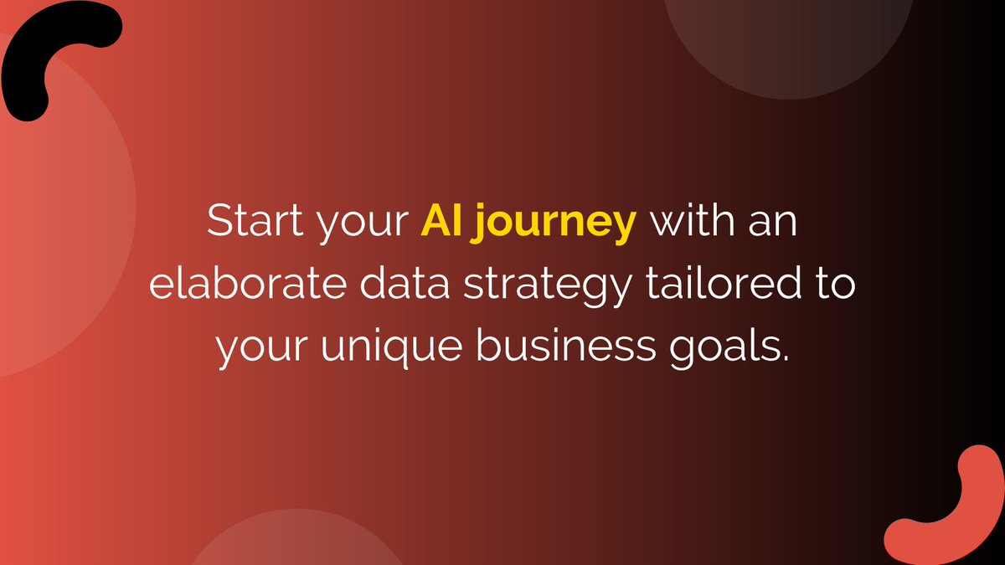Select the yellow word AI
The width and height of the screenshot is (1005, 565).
(x=438, y=223)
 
